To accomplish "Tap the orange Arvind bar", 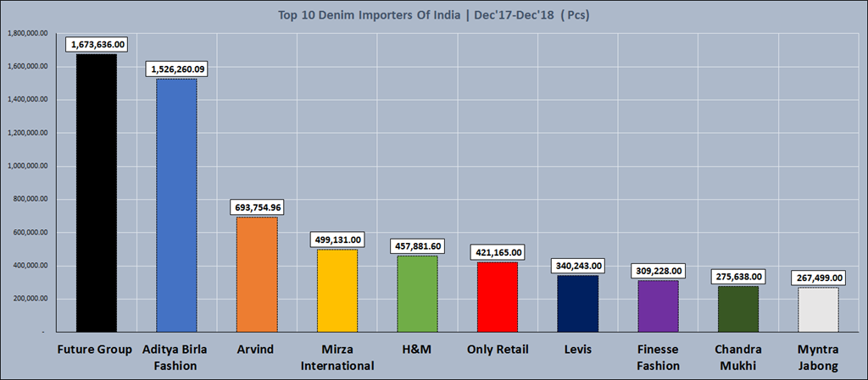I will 257,274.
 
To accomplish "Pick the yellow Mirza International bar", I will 337,290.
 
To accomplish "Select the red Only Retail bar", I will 497,297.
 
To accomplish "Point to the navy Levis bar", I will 577,304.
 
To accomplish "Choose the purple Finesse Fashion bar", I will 658,306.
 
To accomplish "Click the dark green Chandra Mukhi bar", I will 738,309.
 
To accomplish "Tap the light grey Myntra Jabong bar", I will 818,310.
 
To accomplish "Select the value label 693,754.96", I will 257,207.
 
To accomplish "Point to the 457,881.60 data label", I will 417,246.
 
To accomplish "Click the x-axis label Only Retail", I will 497,350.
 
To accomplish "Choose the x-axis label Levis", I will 577,350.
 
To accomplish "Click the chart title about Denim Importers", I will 433,14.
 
